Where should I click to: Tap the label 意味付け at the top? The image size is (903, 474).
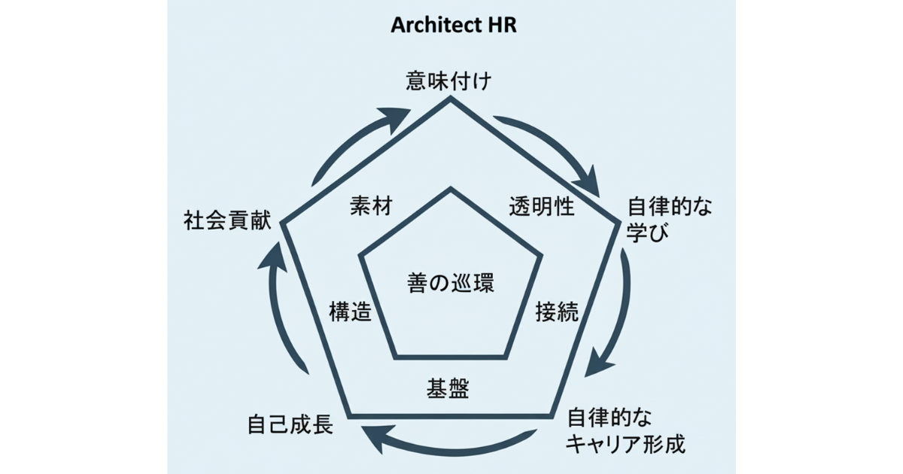[449, 81]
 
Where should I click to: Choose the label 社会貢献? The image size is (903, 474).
[227, 222]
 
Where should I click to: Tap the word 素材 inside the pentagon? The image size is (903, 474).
[371, 207]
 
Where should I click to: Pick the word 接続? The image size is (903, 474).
[557, 312]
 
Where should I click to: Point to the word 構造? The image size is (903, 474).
[351, 312]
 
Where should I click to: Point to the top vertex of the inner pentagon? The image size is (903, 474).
[451, 189]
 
